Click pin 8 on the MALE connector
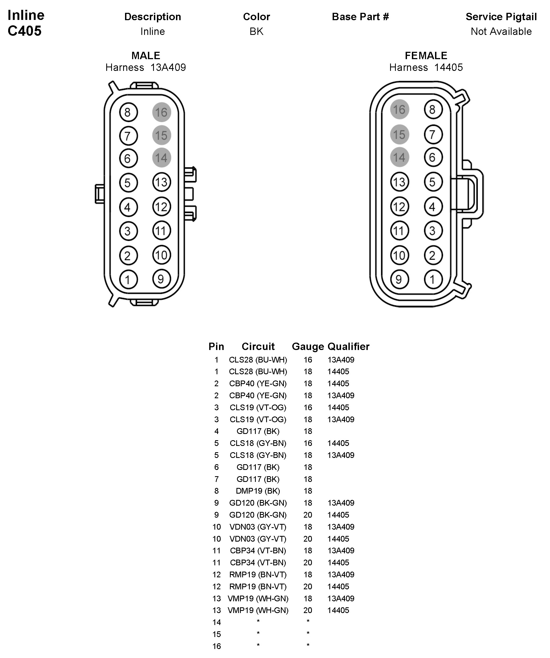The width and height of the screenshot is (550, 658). click(128, 112)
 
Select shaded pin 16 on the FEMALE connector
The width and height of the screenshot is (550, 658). click(399, 109)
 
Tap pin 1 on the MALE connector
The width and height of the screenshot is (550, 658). click(128, 279)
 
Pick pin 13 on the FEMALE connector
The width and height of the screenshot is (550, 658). click(399, 182)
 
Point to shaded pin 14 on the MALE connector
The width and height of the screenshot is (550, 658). click(162, 157)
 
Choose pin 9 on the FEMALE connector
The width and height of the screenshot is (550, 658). click(399, 279)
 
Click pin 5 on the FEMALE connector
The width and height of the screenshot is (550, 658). click(433, 182)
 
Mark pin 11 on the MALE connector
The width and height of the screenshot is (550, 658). click(162, 231)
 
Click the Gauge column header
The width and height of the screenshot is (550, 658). click(308, 346)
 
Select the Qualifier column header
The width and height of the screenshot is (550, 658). click(348, 346)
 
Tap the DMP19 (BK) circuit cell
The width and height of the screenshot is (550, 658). click(258, 491)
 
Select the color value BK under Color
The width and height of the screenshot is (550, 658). click(257, 31)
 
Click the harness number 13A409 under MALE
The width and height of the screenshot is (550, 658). click(168, 67)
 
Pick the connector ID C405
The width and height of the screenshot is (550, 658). click(25, 31)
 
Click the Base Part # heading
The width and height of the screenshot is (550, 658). click(360, 17)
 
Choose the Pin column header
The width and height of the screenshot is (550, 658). click(216, 346)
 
